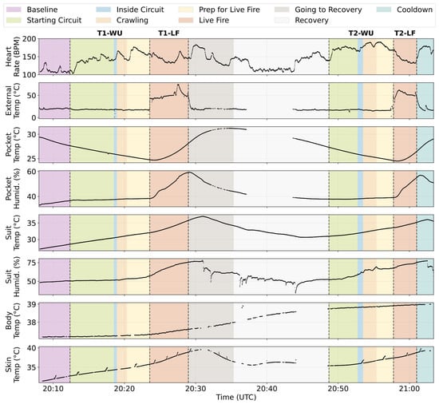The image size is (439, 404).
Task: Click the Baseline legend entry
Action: (x=32, y=10)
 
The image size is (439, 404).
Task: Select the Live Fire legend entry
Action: (x=204, y=20)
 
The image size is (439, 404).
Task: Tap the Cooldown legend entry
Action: (x=405, y=10)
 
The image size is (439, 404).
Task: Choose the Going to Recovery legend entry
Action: (x=318, y=10)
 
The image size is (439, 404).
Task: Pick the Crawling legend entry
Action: (x=122, y=20)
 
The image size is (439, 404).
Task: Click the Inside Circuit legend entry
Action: (x=129, y=10)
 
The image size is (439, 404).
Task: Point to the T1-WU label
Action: (x=110, y=34)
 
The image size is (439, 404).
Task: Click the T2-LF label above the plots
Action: (x=405, y=34)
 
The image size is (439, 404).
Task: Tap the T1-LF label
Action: (x=169, y=34)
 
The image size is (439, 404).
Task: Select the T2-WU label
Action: (x=361, y=34)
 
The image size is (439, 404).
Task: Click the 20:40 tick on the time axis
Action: (x=267, y=389)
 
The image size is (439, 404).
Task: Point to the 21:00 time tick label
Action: (x=409, y=389)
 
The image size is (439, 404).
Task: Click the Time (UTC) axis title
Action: (x=236, y=398)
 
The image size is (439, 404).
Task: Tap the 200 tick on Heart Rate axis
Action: (x=30, y=39)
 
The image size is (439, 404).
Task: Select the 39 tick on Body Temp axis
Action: (x=32, y=304)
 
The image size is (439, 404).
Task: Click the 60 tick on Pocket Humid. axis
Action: (x=32, y=172)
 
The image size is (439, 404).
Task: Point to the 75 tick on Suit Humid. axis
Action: (x=32, y=263)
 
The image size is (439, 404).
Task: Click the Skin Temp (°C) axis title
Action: (x=13, y=365)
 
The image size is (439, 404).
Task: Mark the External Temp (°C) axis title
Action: (x=13, y=101)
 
